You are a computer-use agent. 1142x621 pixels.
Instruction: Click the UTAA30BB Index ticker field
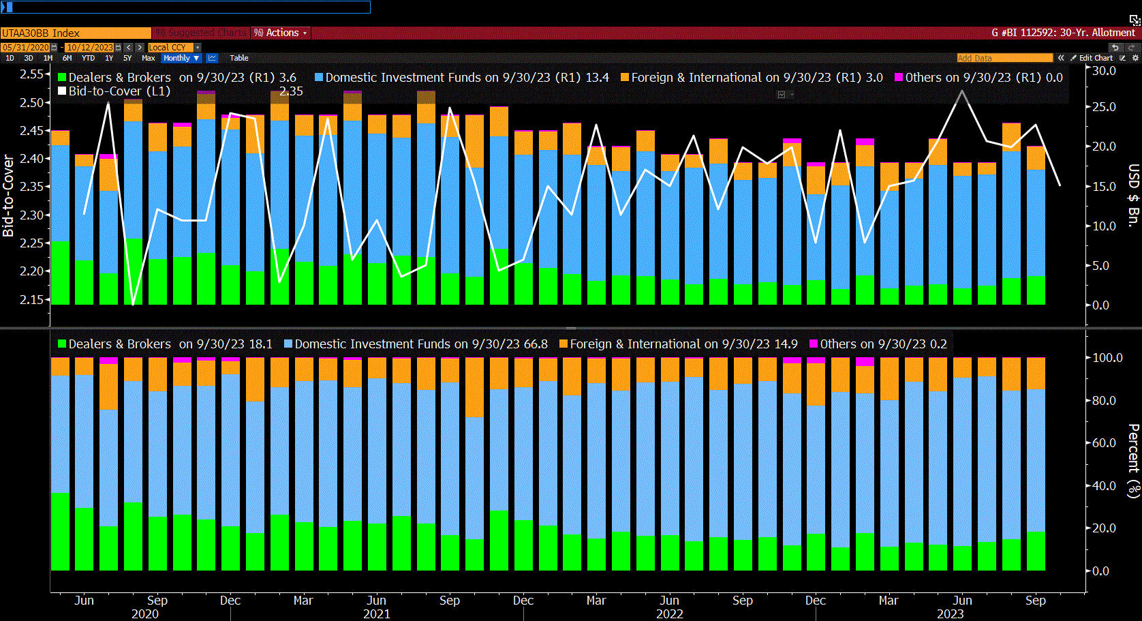[75, 33]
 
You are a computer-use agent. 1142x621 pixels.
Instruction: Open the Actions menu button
[281, 33]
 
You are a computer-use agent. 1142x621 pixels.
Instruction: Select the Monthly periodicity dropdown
[181, 58]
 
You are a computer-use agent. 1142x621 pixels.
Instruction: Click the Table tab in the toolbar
[238, 58]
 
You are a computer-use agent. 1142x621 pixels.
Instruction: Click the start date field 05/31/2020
[26, 47]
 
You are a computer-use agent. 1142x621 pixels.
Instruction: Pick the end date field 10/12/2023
[90, 47]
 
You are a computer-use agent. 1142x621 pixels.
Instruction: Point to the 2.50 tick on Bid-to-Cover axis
[31, 102]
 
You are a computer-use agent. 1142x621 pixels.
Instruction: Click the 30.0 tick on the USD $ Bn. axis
[1104, 71]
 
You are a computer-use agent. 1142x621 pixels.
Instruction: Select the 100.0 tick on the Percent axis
[1107, 357]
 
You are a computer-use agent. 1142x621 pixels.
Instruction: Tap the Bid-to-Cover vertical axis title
[8, 196]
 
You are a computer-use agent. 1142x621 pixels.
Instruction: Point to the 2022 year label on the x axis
[669, 614]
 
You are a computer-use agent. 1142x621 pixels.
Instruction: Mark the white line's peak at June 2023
[962, 91]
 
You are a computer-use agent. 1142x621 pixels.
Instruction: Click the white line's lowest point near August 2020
[133, 304]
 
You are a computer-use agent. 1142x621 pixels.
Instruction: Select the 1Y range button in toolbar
[109, 58]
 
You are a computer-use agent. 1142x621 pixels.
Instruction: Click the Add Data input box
[1004, 58]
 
